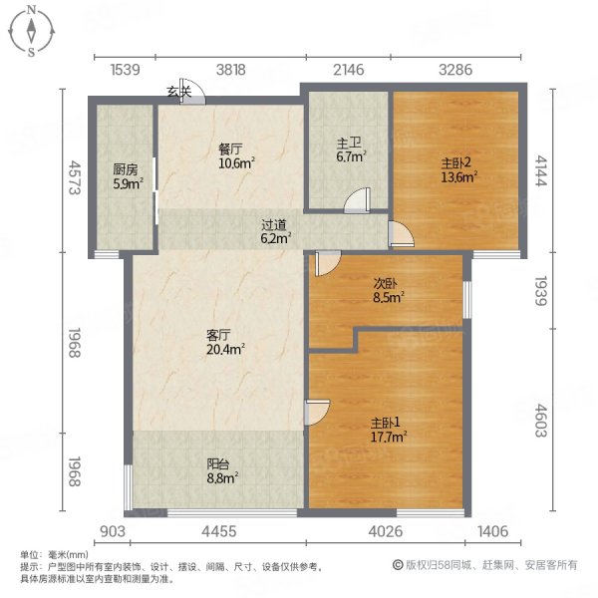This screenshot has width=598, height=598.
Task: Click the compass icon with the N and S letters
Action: click(32, 30)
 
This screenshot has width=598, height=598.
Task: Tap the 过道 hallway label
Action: click(274, 223)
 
